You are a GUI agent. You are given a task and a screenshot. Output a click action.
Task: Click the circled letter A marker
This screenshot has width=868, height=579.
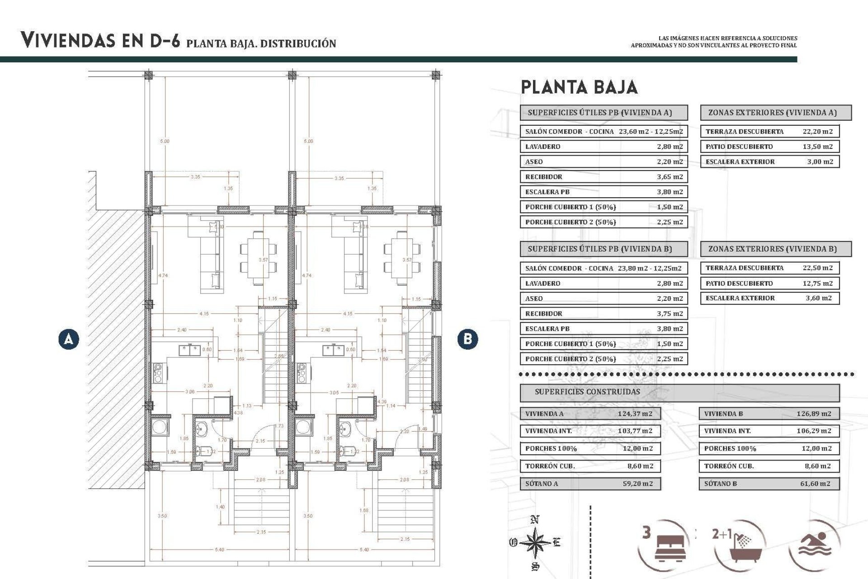point(69,339)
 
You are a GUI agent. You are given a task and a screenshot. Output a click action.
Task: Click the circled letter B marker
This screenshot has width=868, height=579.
point(467,339)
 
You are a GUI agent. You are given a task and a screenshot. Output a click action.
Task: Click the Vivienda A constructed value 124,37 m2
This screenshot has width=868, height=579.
point(635,413)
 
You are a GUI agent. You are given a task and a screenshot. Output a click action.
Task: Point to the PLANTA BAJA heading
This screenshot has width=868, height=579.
point(579,87)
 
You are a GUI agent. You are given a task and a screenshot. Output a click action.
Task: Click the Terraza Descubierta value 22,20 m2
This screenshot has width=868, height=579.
point(817,132)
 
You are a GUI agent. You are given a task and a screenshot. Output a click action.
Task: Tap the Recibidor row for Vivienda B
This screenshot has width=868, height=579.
point(604,313)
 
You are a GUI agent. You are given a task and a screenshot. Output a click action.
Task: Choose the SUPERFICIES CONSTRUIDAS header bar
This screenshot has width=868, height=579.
point(679,392)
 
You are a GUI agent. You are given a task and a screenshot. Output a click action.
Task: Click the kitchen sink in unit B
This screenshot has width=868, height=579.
point(333,350)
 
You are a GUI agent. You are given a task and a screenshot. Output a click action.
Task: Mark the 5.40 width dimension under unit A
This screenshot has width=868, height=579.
point(220,550)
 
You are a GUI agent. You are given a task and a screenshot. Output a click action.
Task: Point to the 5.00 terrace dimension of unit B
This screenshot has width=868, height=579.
point(308,141)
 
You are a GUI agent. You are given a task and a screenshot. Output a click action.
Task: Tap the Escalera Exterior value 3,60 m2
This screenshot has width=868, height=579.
point(818,298)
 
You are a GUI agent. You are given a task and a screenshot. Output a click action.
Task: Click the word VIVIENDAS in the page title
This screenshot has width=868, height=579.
point(68,41)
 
